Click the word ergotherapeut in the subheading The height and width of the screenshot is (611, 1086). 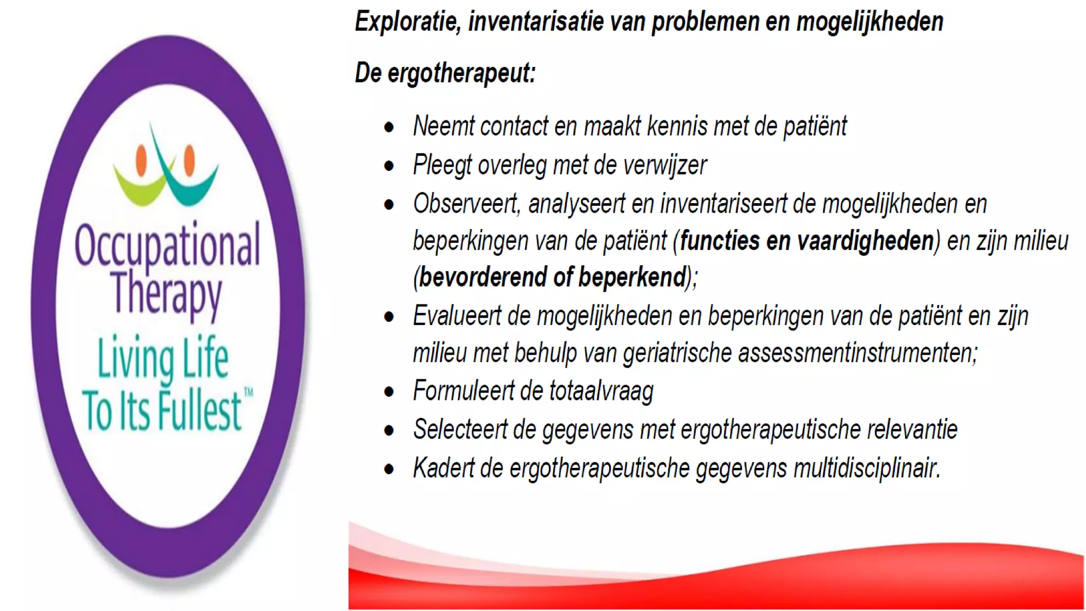(x=461, y=73)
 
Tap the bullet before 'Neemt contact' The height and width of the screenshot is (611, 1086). (x=389, y=127)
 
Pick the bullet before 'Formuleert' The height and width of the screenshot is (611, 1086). (x=389, y=392)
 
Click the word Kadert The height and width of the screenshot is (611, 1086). (x=443, y=468)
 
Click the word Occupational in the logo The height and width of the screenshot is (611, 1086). (x=167, y=246)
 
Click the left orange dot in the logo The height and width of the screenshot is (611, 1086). (x=141, y=160)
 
